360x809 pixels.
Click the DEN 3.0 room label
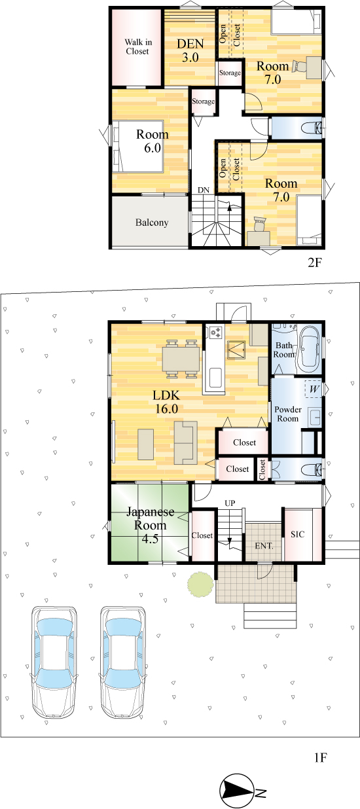click(x=190, y=50)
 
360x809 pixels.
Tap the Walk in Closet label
click(x=138, y=46)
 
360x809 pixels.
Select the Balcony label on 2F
click(x=152, y=223)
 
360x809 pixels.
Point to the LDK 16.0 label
click(x=166, y=402)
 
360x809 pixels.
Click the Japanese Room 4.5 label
click(x=150, y=525)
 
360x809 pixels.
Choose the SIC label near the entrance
click(x=298, y=534)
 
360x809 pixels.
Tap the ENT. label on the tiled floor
click(x=264, y=546)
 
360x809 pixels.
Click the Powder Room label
click(x=288, y=414)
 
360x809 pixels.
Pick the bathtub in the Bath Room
click(x=309, y=350)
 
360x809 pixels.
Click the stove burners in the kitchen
click(x=215, y=333)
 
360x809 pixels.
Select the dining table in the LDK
click(x=181, y=359)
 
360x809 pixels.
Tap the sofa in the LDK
click(x=186, y=442)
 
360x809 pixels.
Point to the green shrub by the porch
click(x=200, y=584)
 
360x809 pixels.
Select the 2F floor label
click(x=314, y=262)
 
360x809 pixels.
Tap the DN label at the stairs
click(x=204, y=190)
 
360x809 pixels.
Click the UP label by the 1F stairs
click(x=230, y=503)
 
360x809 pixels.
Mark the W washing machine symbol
click(x=314, y=389)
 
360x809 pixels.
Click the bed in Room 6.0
click(x=138, y=147)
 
